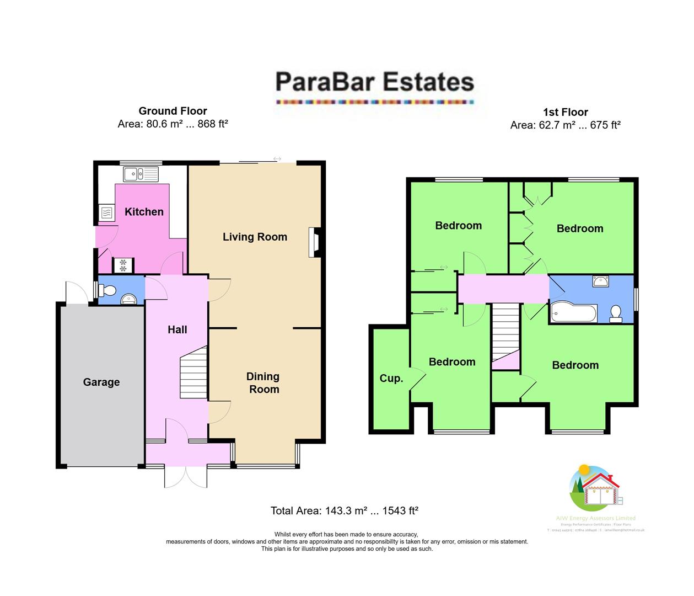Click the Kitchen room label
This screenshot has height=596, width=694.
(x=144, y=212)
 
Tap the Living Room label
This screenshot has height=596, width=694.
(x=255, y=237)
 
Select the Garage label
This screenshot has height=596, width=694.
(x=101, y=382)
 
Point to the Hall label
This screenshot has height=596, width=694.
(x=177, y=330)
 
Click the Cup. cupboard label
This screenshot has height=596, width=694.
(x=391, y=379)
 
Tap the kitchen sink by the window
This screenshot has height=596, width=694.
(x=141, y=174)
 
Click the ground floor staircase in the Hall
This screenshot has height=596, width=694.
(x=194, y=372)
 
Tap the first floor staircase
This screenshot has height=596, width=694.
(x=506, y=331)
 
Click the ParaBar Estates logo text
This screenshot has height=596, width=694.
(x=375, y=82)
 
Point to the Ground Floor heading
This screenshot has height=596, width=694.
(x=173, y=111)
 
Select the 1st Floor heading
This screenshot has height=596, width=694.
(x=566, y=112)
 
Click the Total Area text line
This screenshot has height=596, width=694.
(x=345, y=511)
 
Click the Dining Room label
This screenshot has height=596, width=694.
(x=263, y=383)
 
